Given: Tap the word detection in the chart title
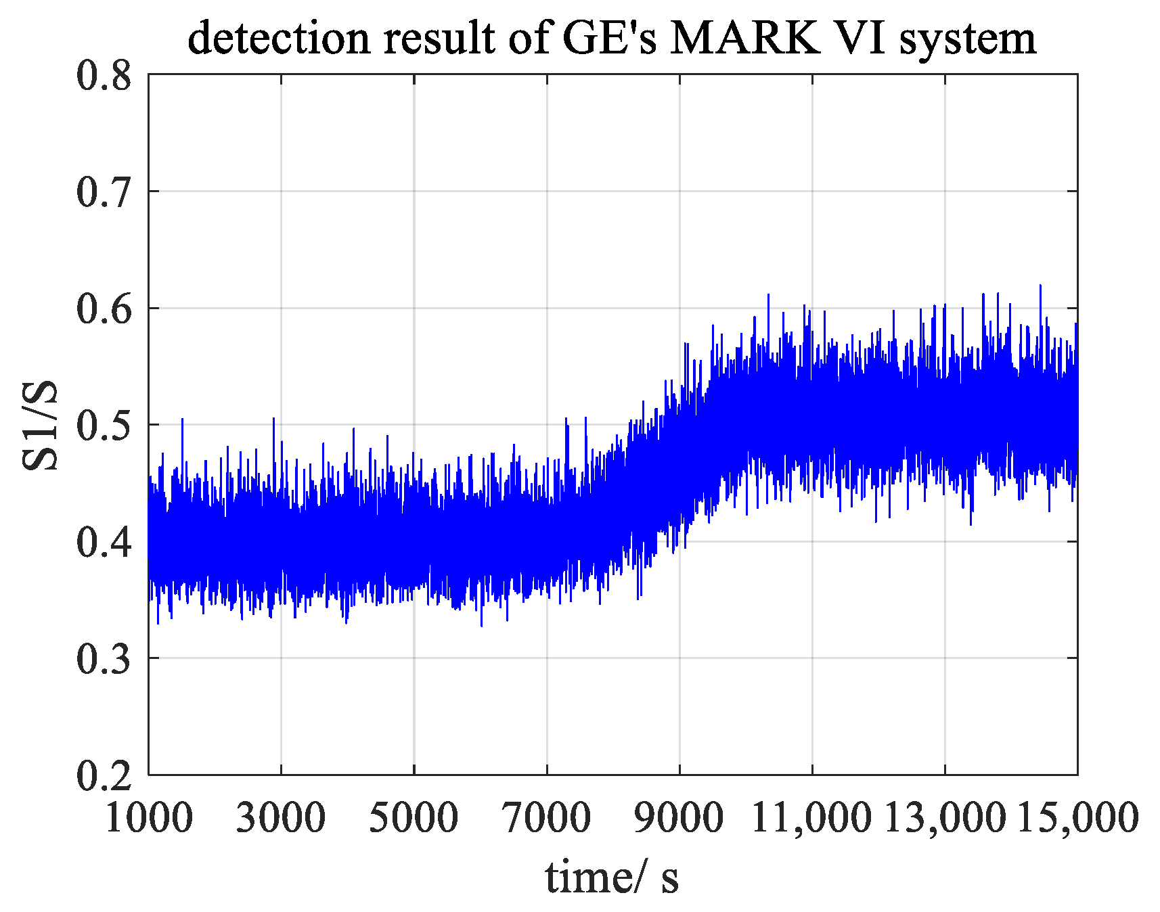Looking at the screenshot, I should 279,39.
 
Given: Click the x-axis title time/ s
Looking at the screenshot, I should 611,877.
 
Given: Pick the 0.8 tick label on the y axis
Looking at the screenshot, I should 104,76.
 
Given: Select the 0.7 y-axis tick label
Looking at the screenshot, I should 104,192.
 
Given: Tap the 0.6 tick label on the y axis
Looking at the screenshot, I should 104,309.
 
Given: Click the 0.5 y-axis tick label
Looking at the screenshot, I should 104,426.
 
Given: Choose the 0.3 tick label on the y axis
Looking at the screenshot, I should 104,659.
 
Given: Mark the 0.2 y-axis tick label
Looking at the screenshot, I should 104,775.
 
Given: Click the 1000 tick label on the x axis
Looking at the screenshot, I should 149,817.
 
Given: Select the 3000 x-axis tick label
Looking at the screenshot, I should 281,817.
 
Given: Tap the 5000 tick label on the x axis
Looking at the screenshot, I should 414,817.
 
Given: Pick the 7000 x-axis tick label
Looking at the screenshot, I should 546,817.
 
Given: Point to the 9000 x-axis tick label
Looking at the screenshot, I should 679,817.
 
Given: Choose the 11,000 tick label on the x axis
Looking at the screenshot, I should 811,817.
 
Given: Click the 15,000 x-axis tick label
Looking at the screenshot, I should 1077,817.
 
